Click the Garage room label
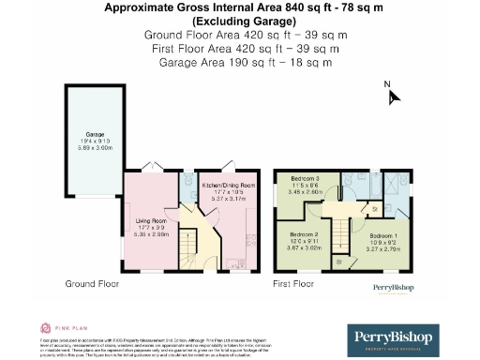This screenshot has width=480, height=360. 95,135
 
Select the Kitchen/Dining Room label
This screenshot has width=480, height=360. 228,186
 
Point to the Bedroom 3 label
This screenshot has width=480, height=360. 306,178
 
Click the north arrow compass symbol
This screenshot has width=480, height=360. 395,97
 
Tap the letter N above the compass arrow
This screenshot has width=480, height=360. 387,83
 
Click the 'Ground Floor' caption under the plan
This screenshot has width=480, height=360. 91,282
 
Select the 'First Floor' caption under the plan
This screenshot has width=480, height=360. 294,282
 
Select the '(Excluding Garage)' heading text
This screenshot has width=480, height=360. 239,21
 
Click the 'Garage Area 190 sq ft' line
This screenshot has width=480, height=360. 239,62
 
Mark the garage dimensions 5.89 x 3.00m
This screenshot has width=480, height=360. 95,148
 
